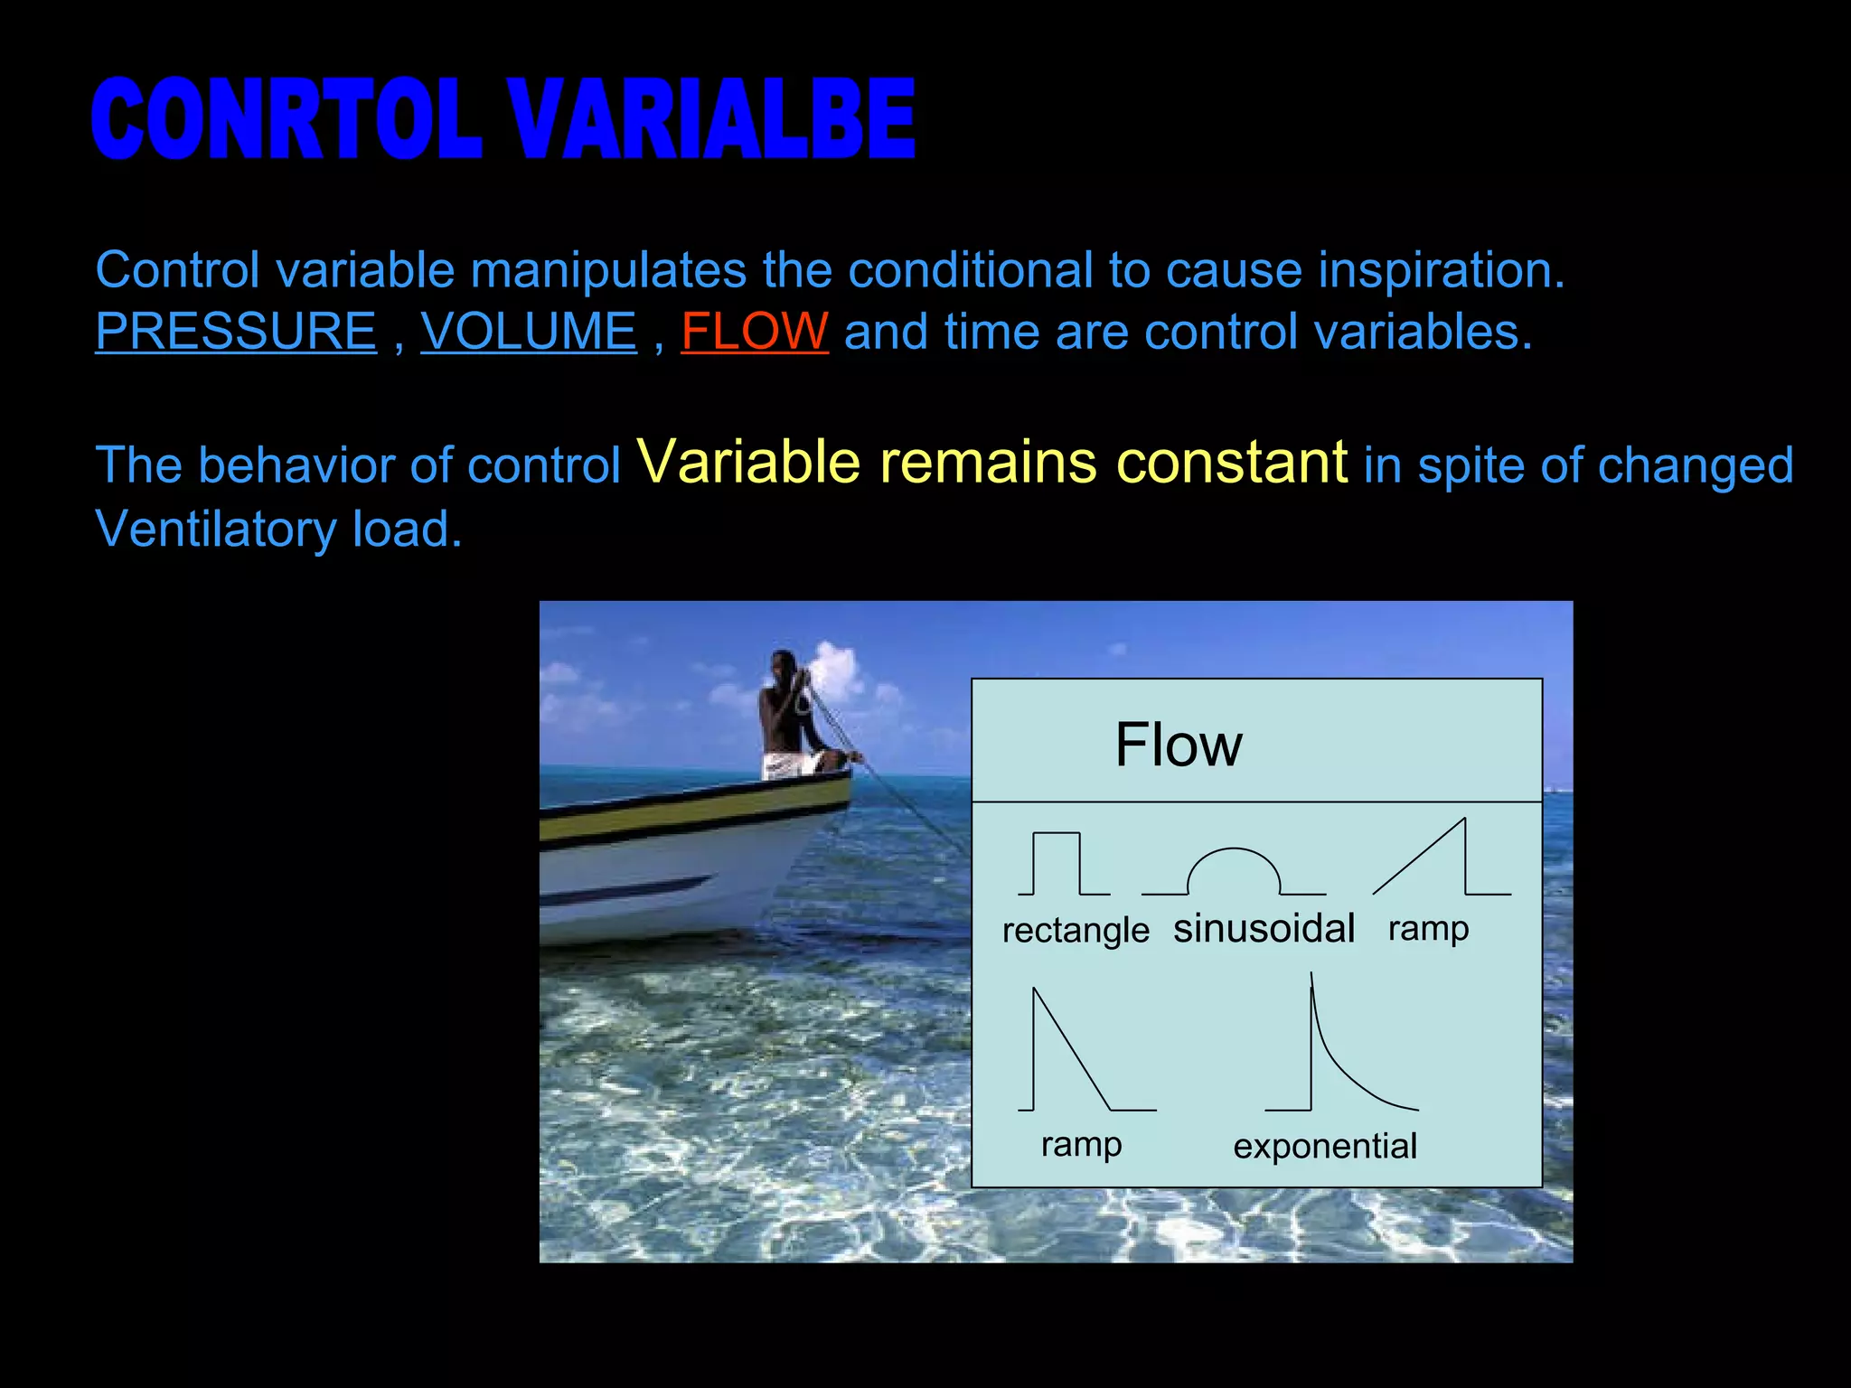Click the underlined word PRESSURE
[236, 332]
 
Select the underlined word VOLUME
[529, 332]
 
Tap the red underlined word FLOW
[754, 332]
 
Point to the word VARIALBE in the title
[711, 119]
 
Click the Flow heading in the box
[1178, 746]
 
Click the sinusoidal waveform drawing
[1233, 872]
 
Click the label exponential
[1325, 1147]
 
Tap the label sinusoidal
[1264, 929]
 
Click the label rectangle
[1076, 931]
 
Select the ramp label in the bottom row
[1081, 1145]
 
